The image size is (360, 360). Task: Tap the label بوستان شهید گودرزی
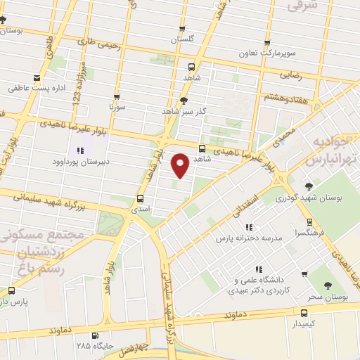click(x=311, y=199)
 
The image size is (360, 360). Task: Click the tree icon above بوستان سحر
click(x=328, y=285)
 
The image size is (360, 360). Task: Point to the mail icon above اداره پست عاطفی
click(x=37, y=78)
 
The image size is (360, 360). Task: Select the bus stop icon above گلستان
click(x=182, y=30)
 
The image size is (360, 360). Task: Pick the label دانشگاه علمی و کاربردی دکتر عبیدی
click(x=259, y=285)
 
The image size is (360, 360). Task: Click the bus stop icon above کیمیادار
click(x=304, y=313)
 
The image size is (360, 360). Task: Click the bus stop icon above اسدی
click(x=140, y=198)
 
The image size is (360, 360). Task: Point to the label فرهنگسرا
click(x=310, y=231)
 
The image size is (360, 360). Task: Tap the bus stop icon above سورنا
click(x=116, y=97)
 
